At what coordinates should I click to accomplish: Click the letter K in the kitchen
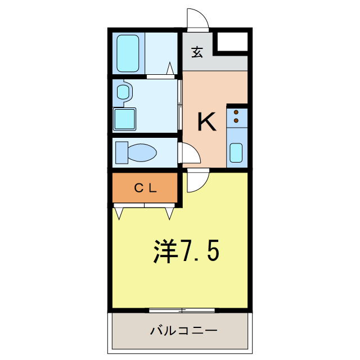(x=206, y=122)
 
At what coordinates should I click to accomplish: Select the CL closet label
(x=145, y=188)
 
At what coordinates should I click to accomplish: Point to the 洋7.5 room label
(x=186, y=251)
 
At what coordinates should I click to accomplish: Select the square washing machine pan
(x=125, y=119)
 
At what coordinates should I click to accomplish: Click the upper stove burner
(x=236, y=112)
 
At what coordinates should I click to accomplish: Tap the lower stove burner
(x=236, y=120)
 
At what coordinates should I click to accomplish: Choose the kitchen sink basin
(x=236, y=152)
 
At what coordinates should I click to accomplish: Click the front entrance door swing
(x=198, y=20)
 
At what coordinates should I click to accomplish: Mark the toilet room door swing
(x=188, y=153)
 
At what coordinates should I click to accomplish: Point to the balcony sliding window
(x=182, y=309)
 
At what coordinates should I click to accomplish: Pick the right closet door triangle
(x=170, y=213)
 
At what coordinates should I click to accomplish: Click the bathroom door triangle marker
(x=169, y=69)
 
